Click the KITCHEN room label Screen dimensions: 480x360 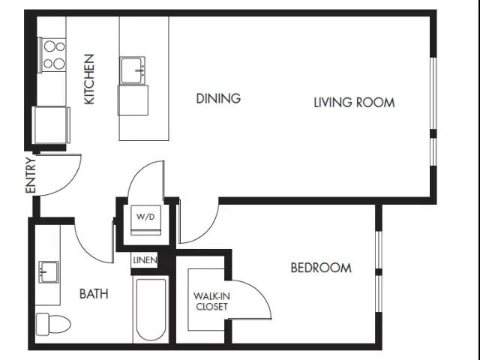coord(89,79)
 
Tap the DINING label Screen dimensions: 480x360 coord(218,98)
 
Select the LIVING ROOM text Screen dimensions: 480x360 coord(354,102)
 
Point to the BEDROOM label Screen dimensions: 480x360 coord(321,268)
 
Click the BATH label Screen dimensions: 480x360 coord(94,294)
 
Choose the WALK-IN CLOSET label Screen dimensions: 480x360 coord(211,301)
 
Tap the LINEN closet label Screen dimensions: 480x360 coord(145,260)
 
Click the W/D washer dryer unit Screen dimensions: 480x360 coord(145,220)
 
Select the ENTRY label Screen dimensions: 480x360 coord(31,175)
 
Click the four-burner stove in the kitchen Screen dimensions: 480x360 coord(52,55)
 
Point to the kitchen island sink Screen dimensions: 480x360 coord(132,70)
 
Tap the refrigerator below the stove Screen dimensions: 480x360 coord(51,125)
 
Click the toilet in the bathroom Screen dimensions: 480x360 coord(53,323)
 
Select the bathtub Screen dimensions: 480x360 coord(151,309)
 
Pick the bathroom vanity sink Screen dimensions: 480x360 coord(48,272)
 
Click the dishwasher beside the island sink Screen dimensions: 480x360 coord(133,100)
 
